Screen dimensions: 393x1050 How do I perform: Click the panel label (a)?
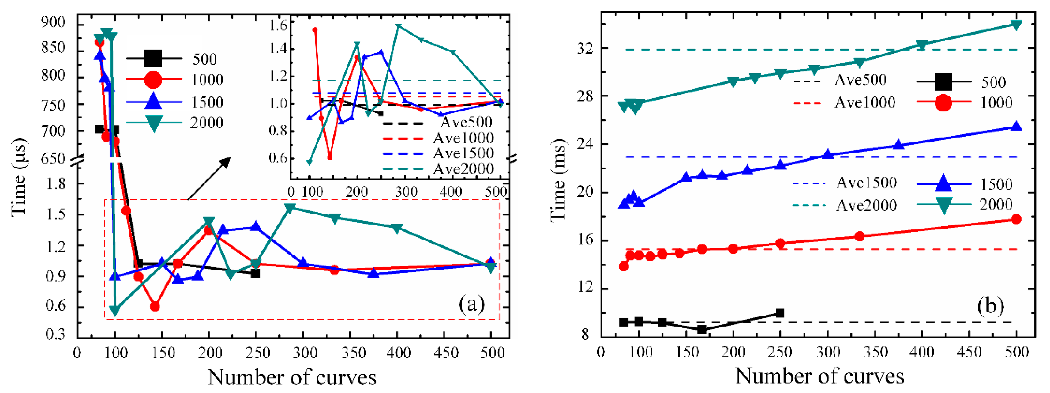pos(472,304)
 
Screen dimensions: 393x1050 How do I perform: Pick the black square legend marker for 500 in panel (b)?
pos(943,82)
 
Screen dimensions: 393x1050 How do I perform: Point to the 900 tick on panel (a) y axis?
pos(53,22)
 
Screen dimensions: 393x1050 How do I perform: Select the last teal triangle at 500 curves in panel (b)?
pos(1016,25)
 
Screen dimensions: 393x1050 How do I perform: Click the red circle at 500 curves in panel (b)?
pos(1016,219)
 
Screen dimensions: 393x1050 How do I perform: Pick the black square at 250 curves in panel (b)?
pos(780,313)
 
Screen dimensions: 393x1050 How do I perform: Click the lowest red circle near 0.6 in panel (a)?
pos(155,306)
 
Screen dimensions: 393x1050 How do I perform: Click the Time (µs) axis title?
pos(19,177)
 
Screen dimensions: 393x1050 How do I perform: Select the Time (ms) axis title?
pos(558,180)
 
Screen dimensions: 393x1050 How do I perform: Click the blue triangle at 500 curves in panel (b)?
pos(1016,127)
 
